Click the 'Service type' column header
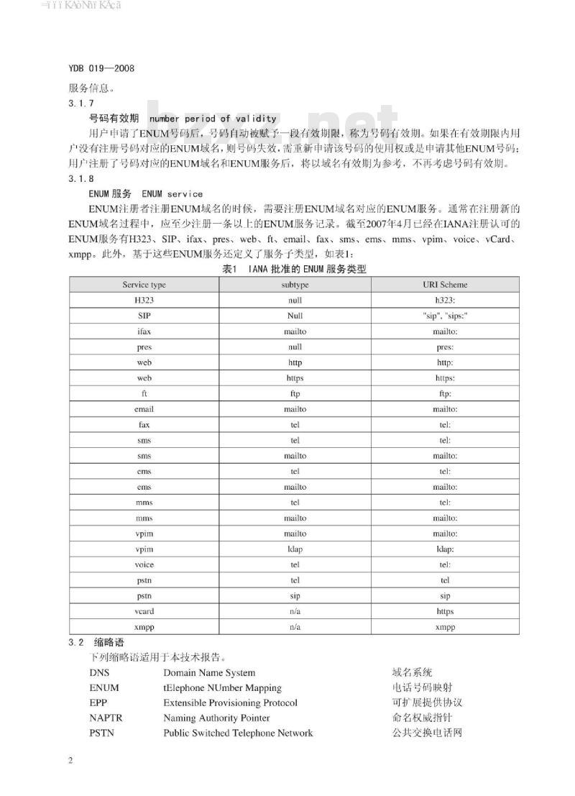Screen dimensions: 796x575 pyautogui.click(x=144, y=285)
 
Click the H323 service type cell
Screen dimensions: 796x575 pyautogui.click(x=144, y=300)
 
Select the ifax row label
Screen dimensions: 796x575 pyautogui.click(x=144, y=331)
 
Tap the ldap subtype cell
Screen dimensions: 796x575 pyautogui.click(x=295, y=549)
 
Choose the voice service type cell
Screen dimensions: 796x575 pyautogui.click(x=144, y=564)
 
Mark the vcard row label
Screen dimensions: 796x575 pyautogui.click(x=144, y=611)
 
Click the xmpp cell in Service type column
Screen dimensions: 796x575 pyautogui.click(x=144, y=627)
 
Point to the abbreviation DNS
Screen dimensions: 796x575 pyautogui.click(x=100, y=673)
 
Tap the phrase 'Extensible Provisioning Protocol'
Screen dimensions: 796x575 pyautogui.click(x=230, y=703)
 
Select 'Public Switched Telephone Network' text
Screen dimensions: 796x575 pyautogui.click(x=238, y=733)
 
